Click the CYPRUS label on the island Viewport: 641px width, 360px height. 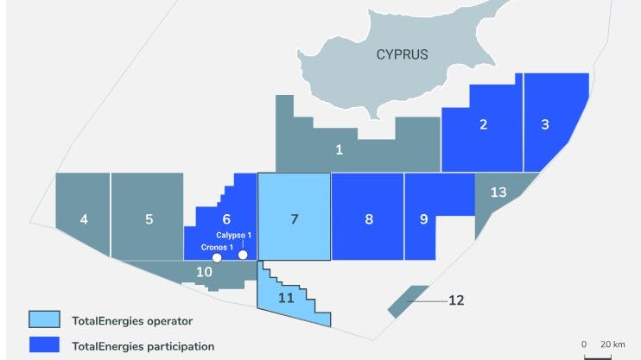402,54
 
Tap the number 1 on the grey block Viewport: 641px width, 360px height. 340,150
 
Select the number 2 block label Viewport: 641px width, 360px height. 483,124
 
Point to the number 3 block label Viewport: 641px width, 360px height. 545,124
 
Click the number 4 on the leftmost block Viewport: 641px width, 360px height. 84,219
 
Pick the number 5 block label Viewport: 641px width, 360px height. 149,219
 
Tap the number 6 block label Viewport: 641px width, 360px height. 226,219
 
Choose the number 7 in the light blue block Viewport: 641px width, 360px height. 295,219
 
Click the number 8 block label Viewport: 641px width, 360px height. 369,219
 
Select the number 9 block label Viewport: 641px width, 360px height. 423,219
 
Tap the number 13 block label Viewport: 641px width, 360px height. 498,192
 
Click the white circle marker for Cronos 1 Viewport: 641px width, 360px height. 218,257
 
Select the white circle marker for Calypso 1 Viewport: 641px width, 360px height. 243,255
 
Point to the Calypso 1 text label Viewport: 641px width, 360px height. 233,236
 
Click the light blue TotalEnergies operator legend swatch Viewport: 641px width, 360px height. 41,321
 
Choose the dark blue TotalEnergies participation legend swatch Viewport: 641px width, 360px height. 41,346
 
